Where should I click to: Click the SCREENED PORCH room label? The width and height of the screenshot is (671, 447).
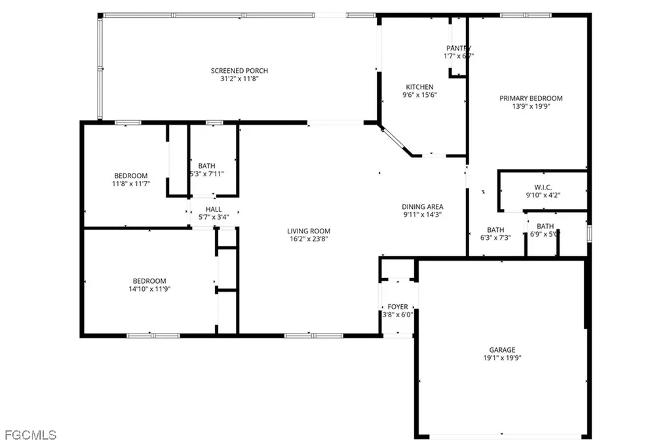[239, 71]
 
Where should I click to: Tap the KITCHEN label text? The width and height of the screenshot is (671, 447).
[419, 87]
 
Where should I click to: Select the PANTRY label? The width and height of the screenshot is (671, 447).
[459, 48]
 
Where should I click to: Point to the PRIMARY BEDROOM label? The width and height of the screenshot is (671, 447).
[531, 98]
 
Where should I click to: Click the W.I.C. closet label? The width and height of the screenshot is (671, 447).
[543, 187]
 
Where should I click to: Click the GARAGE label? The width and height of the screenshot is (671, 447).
[502, 349]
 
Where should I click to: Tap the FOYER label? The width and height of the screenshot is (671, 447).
[398, 306]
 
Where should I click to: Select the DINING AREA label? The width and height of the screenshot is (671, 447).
[423, 206]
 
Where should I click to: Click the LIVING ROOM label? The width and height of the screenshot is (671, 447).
[309, 231]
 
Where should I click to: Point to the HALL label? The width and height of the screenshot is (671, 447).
[214, 209]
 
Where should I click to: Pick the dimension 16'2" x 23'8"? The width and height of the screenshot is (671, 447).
[309, 239]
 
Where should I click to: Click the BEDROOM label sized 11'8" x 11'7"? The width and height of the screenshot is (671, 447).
[131, 175]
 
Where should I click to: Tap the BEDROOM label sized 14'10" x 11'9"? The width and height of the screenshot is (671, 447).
[149, 280]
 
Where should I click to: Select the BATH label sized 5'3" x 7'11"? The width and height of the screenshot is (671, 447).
[206, 166]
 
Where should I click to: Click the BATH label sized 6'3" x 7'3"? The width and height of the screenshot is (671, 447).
[495, 229]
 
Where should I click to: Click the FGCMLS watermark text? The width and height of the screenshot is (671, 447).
[30, 435]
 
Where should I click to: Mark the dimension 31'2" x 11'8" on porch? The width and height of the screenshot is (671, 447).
[239, 79]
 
